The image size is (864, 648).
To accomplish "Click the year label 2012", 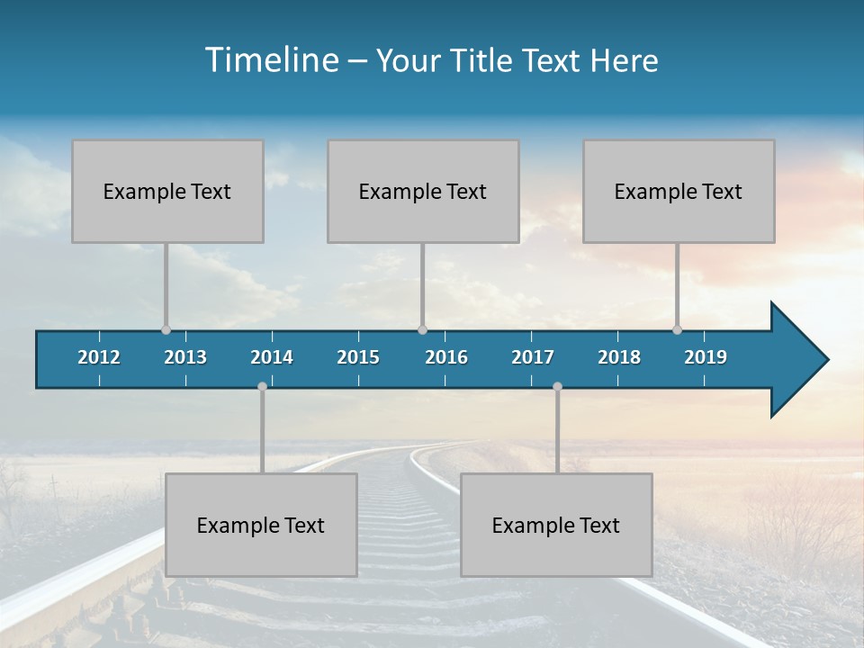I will click(99, 357).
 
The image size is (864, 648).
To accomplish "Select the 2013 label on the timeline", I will click(185, 357).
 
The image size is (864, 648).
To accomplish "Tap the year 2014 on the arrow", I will click(272, 357).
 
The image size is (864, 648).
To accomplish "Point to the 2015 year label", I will click(358, 357).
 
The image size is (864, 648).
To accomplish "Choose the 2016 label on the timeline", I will click(446, 357).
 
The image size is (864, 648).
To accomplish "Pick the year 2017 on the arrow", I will click(533, 357).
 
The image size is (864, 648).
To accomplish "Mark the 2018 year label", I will click(619, 357).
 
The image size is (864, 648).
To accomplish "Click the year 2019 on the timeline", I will click(706, 357).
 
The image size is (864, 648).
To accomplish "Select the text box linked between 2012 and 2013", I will click(167, 191).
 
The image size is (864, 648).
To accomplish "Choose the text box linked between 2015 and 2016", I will click(423, 191).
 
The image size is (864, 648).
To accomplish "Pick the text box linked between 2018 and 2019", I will click(679, 191).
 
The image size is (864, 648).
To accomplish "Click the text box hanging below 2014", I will click(261, 525).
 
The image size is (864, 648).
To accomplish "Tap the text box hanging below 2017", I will click(556, 525).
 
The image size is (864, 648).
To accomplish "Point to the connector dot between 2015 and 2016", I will click(423, 330).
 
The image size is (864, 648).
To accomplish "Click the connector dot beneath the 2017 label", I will click(557, 387).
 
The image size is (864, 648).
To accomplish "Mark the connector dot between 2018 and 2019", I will click(678, 330).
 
